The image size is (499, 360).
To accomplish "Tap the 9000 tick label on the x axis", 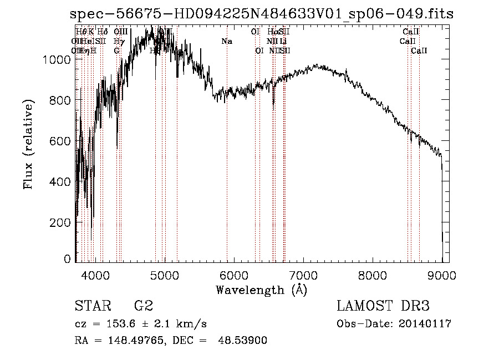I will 442,275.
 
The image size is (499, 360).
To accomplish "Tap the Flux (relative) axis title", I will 28,145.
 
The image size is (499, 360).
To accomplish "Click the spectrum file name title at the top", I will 262,14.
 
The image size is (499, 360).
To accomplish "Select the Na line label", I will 226,42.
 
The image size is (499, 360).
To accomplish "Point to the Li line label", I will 283,42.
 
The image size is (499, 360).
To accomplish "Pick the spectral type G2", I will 143,306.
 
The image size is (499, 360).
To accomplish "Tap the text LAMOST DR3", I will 383,306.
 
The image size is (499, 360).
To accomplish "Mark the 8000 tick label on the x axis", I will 373,275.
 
